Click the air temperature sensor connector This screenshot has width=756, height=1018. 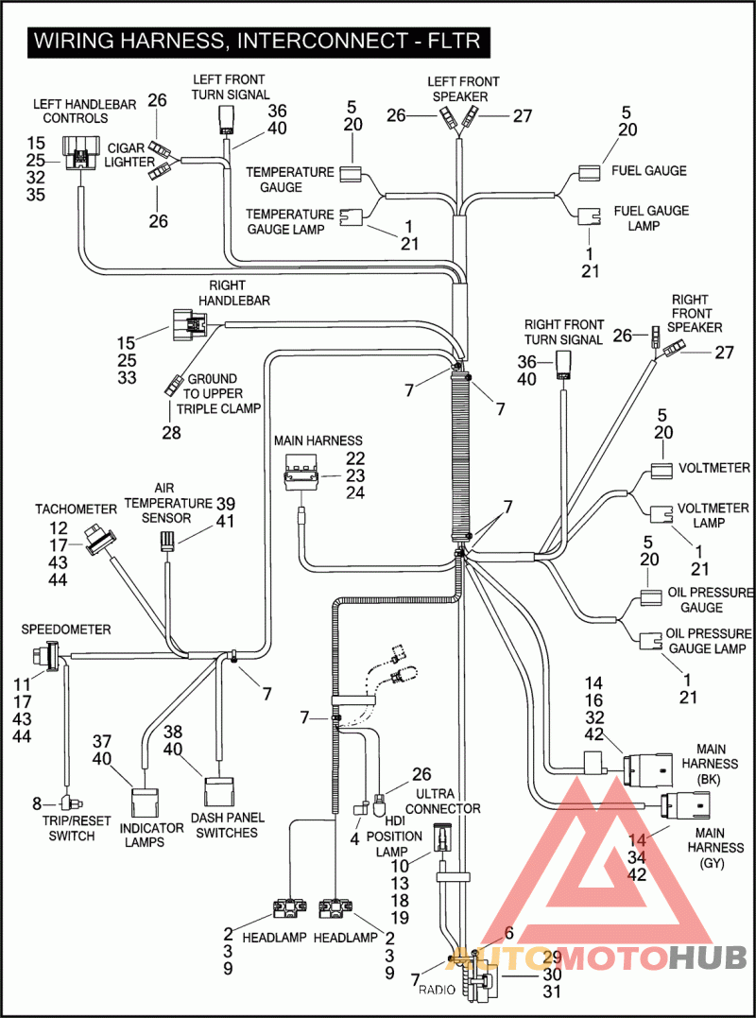167,541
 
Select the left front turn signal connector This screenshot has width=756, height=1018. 227,122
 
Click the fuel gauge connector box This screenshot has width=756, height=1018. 591,173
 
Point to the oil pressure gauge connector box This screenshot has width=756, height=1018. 651,598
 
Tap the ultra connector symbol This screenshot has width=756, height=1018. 441,837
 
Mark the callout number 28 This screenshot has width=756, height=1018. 171,432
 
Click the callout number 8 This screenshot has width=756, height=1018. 37,803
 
